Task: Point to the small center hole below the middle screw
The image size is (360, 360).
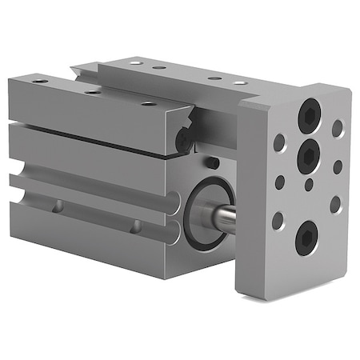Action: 309,186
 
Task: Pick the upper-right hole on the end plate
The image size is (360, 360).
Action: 338,128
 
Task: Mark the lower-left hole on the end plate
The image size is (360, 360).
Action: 278,220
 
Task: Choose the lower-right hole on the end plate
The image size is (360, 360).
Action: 335,205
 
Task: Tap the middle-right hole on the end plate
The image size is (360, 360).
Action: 337,167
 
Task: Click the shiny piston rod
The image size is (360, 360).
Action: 225,218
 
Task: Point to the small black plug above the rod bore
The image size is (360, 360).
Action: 212,163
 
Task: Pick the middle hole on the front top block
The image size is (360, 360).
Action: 94,91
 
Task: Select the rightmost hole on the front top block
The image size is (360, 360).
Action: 149,102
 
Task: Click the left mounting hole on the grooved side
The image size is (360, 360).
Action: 58,206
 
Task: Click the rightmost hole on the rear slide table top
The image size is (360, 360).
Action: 239,82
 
